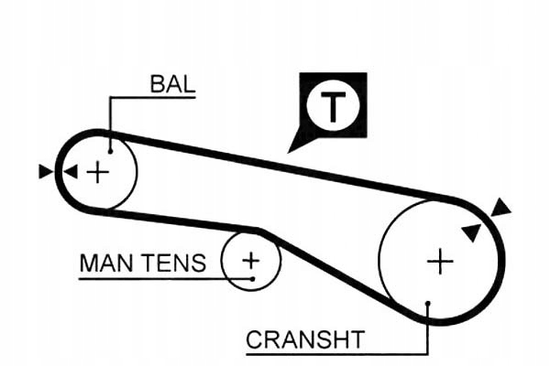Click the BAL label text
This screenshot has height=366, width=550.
coord(172,85)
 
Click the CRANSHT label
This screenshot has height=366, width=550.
coord(305,340)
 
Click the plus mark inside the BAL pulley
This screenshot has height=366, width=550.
coord(97,171)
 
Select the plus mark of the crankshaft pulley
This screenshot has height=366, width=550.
coord(440,263)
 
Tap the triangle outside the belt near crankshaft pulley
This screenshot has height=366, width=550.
coord(500,208)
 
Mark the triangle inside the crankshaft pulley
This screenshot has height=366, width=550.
coord(471,232)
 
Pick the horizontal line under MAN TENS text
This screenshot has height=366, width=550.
coord(156,277)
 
